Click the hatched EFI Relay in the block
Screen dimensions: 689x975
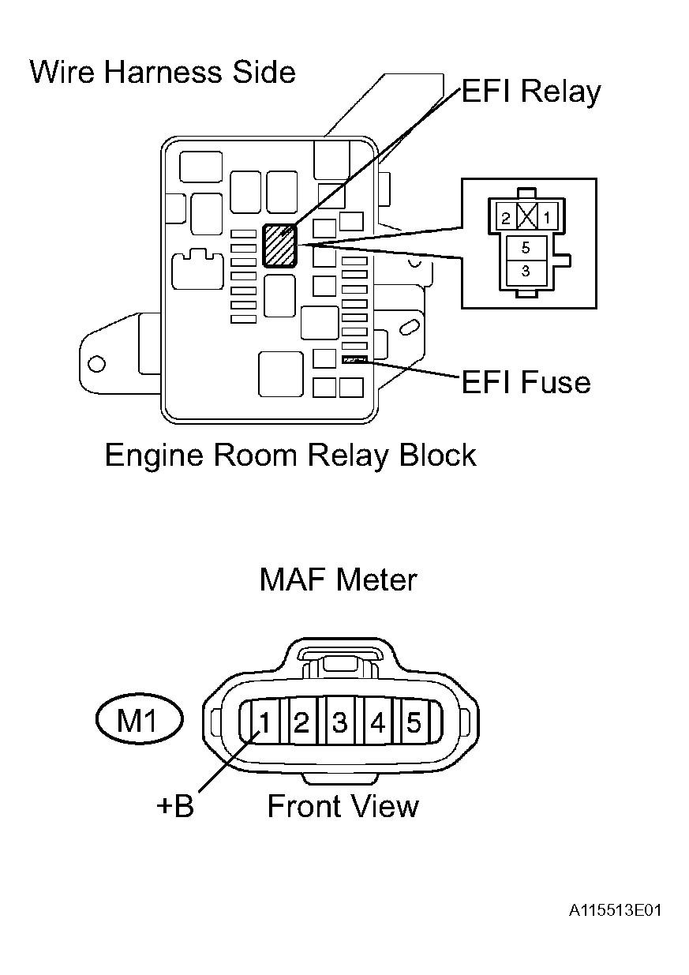click(279, 246)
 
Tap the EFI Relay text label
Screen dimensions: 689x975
click(530, 92)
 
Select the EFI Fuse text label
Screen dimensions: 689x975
click(526, 382)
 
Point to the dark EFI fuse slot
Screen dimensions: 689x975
click(355, 359)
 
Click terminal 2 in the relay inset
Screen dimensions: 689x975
click(506, 218)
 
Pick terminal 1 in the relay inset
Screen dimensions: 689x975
click(547, 217)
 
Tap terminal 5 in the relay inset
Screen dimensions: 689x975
click(526, 248)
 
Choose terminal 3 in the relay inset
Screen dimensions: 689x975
click(526, 272)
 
